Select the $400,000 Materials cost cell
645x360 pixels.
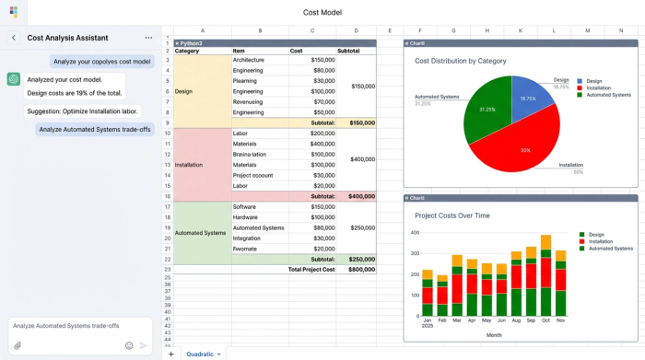[x=312, y=144]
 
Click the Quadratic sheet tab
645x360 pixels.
[x=203, y=354]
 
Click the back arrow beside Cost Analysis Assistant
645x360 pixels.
[x=14, y=38]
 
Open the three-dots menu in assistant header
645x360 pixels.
[x=148, y=38]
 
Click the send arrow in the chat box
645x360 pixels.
[x=143, y=345]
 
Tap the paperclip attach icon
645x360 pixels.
[x=18, y=345]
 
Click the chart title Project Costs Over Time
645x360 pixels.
[x=452, y=215]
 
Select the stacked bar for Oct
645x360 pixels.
[x=545, y=276]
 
